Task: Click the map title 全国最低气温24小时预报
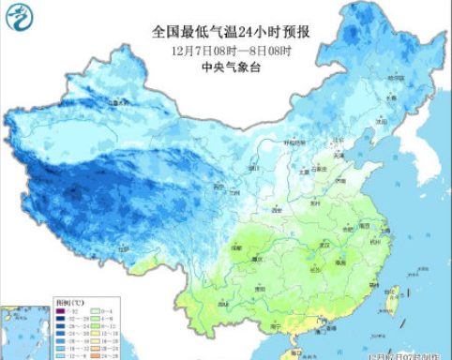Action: pos(231,32)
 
